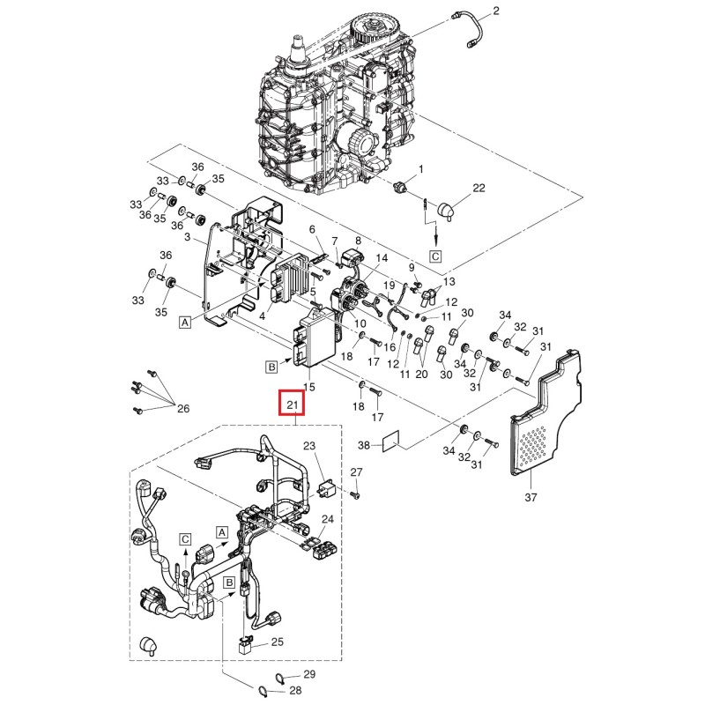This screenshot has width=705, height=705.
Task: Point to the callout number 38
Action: click(363, 447)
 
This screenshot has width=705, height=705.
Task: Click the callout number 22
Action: click(479, 189)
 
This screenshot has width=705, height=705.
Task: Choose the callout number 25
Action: click(276, 642)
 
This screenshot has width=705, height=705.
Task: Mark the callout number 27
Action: click(356, 474)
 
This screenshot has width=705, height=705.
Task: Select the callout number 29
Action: click(296, 673)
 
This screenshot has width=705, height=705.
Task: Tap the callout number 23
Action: click(308, 446)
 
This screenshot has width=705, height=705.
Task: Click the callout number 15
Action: click(308, 387)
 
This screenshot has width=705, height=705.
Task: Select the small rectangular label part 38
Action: click(391, 441)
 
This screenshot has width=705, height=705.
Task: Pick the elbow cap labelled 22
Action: click(447, 210)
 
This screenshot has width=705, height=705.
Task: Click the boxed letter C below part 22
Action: click(435, 256)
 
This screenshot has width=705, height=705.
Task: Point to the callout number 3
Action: click(188, 238)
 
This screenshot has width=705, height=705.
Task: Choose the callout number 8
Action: click(358, 240)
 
